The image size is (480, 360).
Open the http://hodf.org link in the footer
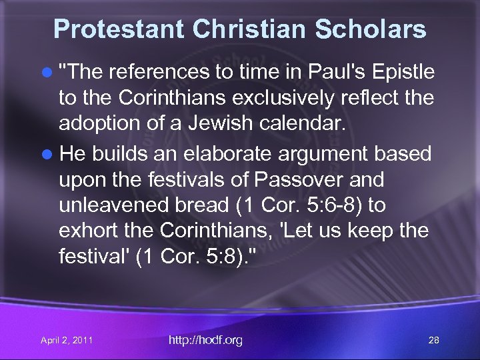[205, 340]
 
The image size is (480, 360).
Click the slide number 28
[433, 341]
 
